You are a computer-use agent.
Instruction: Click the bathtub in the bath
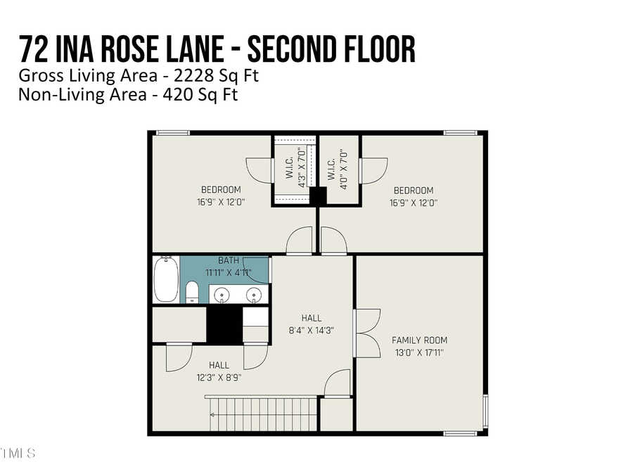pyautogui.click(x=165, y=279)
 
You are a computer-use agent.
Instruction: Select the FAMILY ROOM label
pyautogui.click(x=419, y=340)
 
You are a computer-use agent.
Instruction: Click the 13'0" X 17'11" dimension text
pyautogui.click(x=419, y=352)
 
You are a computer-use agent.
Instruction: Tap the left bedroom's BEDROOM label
pyautogui.click(x=221, y=190)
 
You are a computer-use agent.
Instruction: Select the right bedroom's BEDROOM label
pyautogui.click(x=413, y=190)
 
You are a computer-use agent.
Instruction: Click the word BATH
pyautogui.click(x=228, y=260)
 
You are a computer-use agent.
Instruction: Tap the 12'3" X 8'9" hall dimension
pyautogui.click(x=219, y=376)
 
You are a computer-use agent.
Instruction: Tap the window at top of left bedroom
pyautogui.click(x=172, y=132)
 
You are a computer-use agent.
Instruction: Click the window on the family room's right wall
pyautogui.click(x=485, y=411)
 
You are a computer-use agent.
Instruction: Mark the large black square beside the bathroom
pyautogui.click(x=224, y=324)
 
